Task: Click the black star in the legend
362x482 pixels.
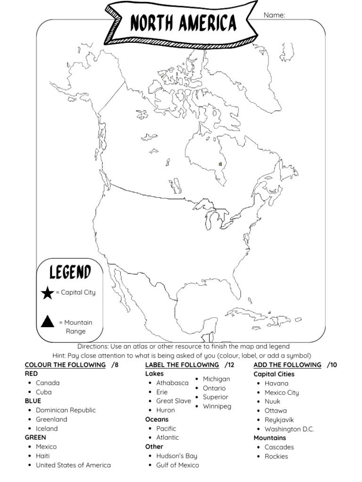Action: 48,293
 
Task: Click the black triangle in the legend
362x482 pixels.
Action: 47,322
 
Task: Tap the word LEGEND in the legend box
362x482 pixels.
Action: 70,272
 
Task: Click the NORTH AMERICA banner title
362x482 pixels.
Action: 183,23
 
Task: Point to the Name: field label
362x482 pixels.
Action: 274,15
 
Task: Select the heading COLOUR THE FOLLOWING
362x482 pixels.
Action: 65,365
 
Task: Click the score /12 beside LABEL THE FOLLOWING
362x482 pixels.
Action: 230,365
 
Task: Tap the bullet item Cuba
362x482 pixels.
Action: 44,392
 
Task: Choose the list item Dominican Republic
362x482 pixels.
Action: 66,410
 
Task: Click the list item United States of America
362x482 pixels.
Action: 73,465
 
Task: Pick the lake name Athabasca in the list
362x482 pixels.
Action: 172,383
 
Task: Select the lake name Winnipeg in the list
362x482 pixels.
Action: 217,406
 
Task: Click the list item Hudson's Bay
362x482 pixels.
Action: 176,456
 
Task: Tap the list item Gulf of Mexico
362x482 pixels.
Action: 177,465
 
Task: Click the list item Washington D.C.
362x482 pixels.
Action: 289,429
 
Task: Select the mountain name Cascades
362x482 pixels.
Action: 279,447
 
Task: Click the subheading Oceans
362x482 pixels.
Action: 156,419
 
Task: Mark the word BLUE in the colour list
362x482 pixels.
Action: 33,401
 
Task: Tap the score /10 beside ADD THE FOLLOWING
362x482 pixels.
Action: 332,365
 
